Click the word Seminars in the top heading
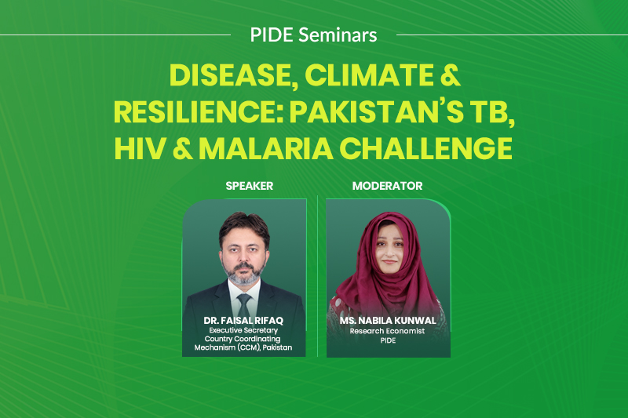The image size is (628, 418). click(338, 35)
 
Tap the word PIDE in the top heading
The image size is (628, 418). click(272, 35)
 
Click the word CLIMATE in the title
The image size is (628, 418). click(369, 75)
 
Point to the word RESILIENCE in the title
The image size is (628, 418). click(199, 112)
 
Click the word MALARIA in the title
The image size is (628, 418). click(266, 149)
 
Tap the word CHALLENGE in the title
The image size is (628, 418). click(425, 149)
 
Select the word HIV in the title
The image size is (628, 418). click(140, 149)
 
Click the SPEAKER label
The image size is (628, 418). click(249, 186)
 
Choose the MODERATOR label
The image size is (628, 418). click(387, 186)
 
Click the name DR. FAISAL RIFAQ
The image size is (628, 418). click(243, 321)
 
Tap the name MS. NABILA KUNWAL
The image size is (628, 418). click(388, 321)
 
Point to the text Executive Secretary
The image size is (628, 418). click(243, 330)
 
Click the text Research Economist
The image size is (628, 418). click(387, 331)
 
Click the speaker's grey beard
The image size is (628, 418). click(243, 273)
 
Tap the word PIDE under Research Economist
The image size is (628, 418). click(388, 340)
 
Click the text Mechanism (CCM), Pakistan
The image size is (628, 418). click(243, 347)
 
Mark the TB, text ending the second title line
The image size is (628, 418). click(492, 113)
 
